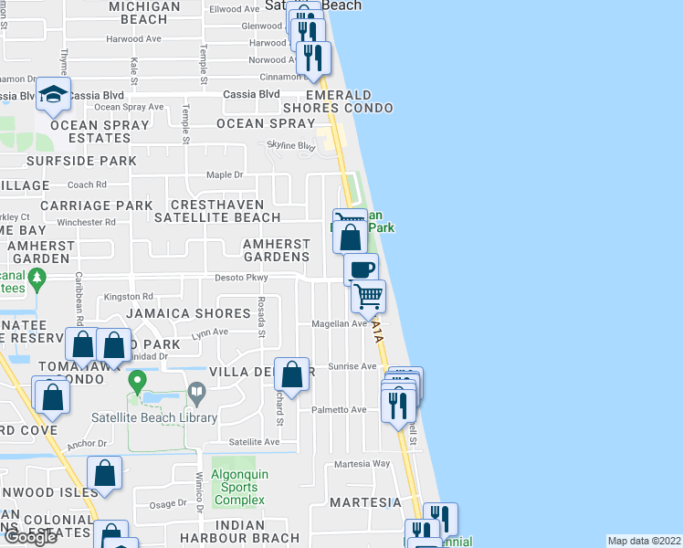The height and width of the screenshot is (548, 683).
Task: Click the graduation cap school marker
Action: point(54,94)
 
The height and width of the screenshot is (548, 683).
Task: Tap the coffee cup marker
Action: point(361,269)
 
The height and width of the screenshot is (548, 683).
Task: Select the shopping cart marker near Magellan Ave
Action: point(368,295)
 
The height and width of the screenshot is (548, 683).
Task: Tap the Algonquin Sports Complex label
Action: point(239,487)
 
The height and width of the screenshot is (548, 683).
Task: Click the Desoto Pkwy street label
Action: point(240,278)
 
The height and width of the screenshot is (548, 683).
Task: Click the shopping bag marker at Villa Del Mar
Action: point(291,374)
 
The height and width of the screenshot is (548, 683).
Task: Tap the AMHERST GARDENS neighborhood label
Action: point(276,250)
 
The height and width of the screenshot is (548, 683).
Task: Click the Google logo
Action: point(30,537)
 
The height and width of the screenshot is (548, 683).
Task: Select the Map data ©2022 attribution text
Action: point(645,541)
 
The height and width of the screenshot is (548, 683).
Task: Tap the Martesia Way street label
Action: point(363,464)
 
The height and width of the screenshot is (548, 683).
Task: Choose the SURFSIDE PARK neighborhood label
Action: point(81,161)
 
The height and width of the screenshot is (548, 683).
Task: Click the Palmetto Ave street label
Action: point(339,410)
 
